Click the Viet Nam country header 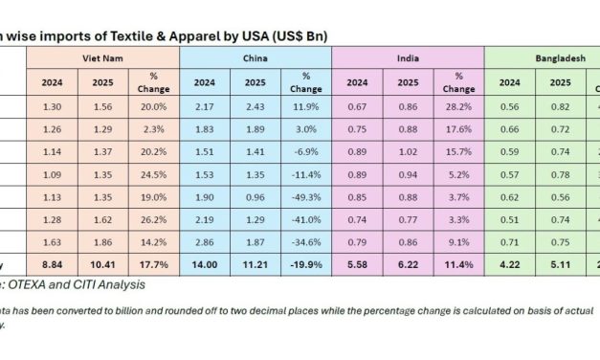[101, 58]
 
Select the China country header [255, 58]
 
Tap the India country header [408, 58]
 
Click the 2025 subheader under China [255, 81]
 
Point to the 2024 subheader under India [357, 81]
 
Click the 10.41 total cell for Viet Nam [101, 263]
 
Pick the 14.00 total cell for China [204, 263]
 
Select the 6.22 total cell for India [408, 263]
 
